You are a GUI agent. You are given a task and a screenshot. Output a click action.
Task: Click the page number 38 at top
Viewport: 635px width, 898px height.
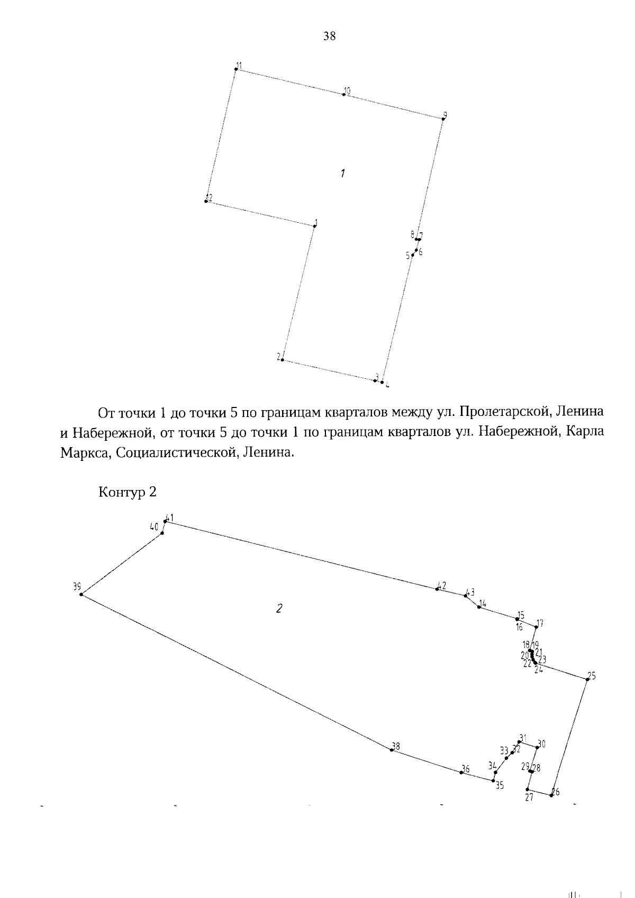pos(329,37)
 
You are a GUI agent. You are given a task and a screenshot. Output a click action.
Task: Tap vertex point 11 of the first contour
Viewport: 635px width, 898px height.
pos(236,69)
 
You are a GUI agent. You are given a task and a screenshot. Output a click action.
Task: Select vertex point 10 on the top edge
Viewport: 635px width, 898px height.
pos(344,94)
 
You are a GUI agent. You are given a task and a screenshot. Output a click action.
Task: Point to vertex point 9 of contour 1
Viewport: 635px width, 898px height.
pos(443,119)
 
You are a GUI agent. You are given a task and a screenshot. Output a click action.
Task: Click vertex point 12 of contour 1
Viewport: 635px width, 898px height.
pos(206,201)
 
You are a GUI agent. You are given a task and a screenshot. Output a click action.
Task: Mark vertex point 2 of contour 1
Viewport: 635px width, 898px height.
pos(283,360)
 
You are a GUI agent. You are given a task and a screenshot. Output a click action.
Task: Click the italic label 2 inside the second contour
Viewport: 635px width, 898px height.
pos(279,609)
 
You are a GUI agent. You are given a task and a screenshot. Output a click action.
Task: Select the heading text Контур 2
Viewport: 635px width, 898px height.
pos(128,492)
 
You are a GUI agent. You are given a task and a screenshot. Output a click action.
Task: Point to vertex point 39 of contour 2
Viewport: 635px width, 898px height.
pos(81,594)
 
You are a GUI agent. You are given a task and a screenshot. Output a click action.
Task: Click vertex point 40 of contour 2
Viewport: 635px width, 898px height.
pos(162,533)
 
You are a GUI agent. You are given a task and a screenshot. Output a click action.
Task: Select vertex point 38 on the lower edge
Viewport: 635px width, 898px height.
pos(392,750)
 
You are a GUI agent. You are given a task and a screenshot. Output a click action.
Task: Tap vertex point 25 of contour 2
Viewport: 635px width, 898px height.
pos(587,679)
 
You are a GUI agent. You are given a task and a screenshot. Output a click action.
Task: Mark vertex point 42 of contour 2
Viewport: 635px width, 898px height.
pos(437,588)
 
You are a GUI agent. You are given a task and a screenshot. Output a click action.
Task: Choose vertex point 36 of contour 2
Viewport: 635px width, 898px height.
pos(461,772)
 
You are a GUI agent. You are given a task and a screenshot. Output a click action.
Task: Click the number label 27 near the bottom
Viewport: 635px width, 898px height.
pos(529,798)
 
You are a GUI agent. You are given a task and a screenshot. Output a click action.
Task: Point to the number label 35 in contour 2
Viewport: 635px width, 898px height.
pos(500,786)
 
